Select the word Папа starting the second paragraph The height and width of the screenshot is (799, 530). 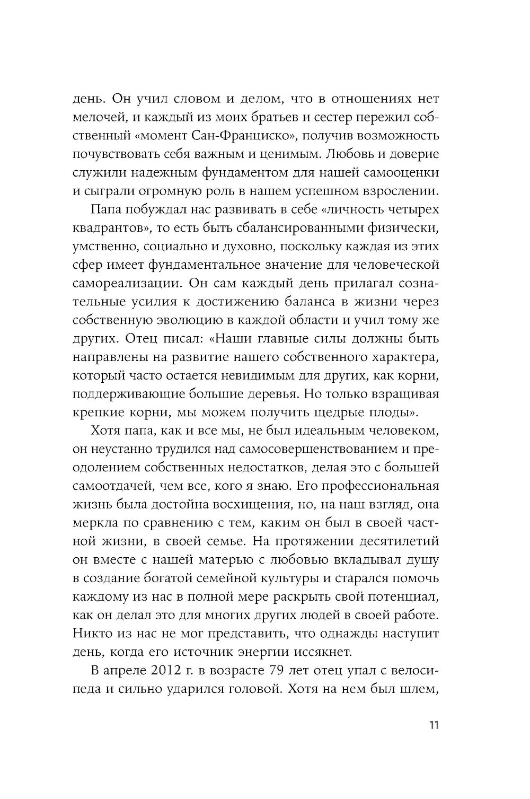point(108,209)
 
